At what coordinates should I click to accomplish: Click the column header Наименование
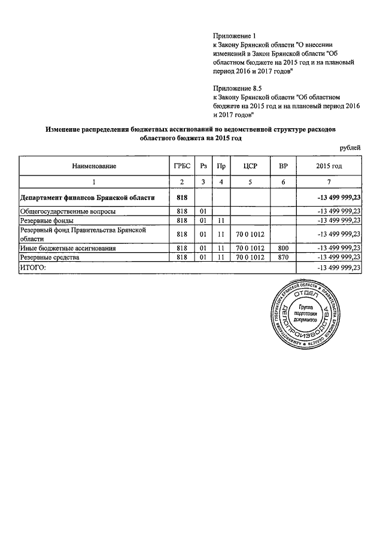click(x=94, y=165)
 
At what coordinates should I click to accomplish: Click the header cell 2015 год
click(x=329, y=165)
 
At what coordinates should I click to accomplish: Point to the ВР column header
click(x=283, y=165)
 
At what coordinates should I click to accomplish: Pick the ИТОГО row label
click(x=33, y=268)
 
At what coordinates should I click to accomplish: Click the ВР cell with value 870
click(x=283, y=257)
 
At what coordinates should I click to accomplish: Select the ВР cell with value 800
click(x=283, y=247)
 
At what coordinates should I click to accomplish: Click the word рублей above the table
click(x=350, y=147)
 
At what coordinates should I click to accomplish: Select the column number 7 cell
click(x=329, y=181)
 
